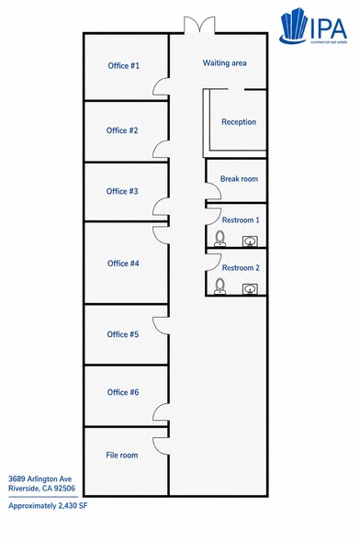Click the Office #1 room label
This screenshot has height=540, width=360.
(123, 66)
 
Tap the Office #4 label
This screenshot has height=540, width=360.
(123, 264)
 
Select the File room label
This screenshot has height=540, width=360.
(122, 455)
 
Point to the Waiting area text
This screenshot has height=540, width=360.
(224, 63)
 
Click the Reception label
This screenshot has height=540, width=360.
(239, 122)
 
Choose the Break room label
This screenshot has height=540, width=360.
(239, 179)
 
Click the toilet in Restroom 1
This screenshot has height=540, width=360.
(219, 239)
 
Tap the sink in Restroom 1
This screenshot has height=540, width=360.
(250, 241)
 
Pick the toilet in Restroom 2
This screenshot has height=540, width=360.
(219, 287)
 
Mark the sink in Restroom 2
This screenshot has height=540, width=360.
(250, 289)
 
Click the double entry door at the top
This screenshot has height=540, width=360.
(199, 25)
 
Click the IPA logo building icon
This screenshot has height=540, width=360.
(293, 27)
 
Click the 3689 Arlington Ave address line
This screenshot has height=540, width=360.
(40, 478)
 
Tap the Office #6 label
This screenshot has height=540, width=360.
(123, 392)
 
